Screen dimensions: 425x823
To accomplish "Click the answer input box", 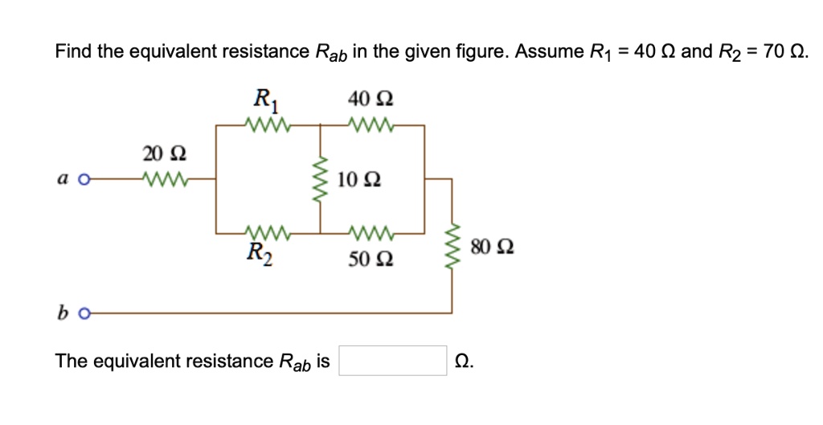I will [x=393, y=361].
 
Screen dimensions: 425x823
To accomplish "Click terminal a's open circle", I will [x=81, y=179].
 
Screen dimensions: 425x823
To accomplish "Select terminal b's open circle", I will [x=81, y=313].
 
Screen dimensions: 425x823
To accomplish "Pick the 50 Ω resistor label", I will [x=371, y=259].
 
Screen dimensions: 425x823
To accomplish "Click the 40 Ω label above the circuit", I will [x=371, y=100].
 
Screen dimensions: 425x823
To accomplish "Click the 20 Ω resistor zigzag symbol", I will [x=164, y=178].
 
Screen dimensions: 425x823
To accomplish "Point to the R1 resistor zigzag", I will [x=265, y=125].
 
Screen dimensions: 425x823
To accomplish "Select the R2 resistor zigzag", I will [x=265, y=233].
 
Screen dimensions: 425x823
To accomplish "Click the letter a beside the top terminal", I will [x=61, y=179].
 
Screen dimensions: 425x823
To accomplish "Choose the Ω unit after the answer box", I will [x=464, y=362].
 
